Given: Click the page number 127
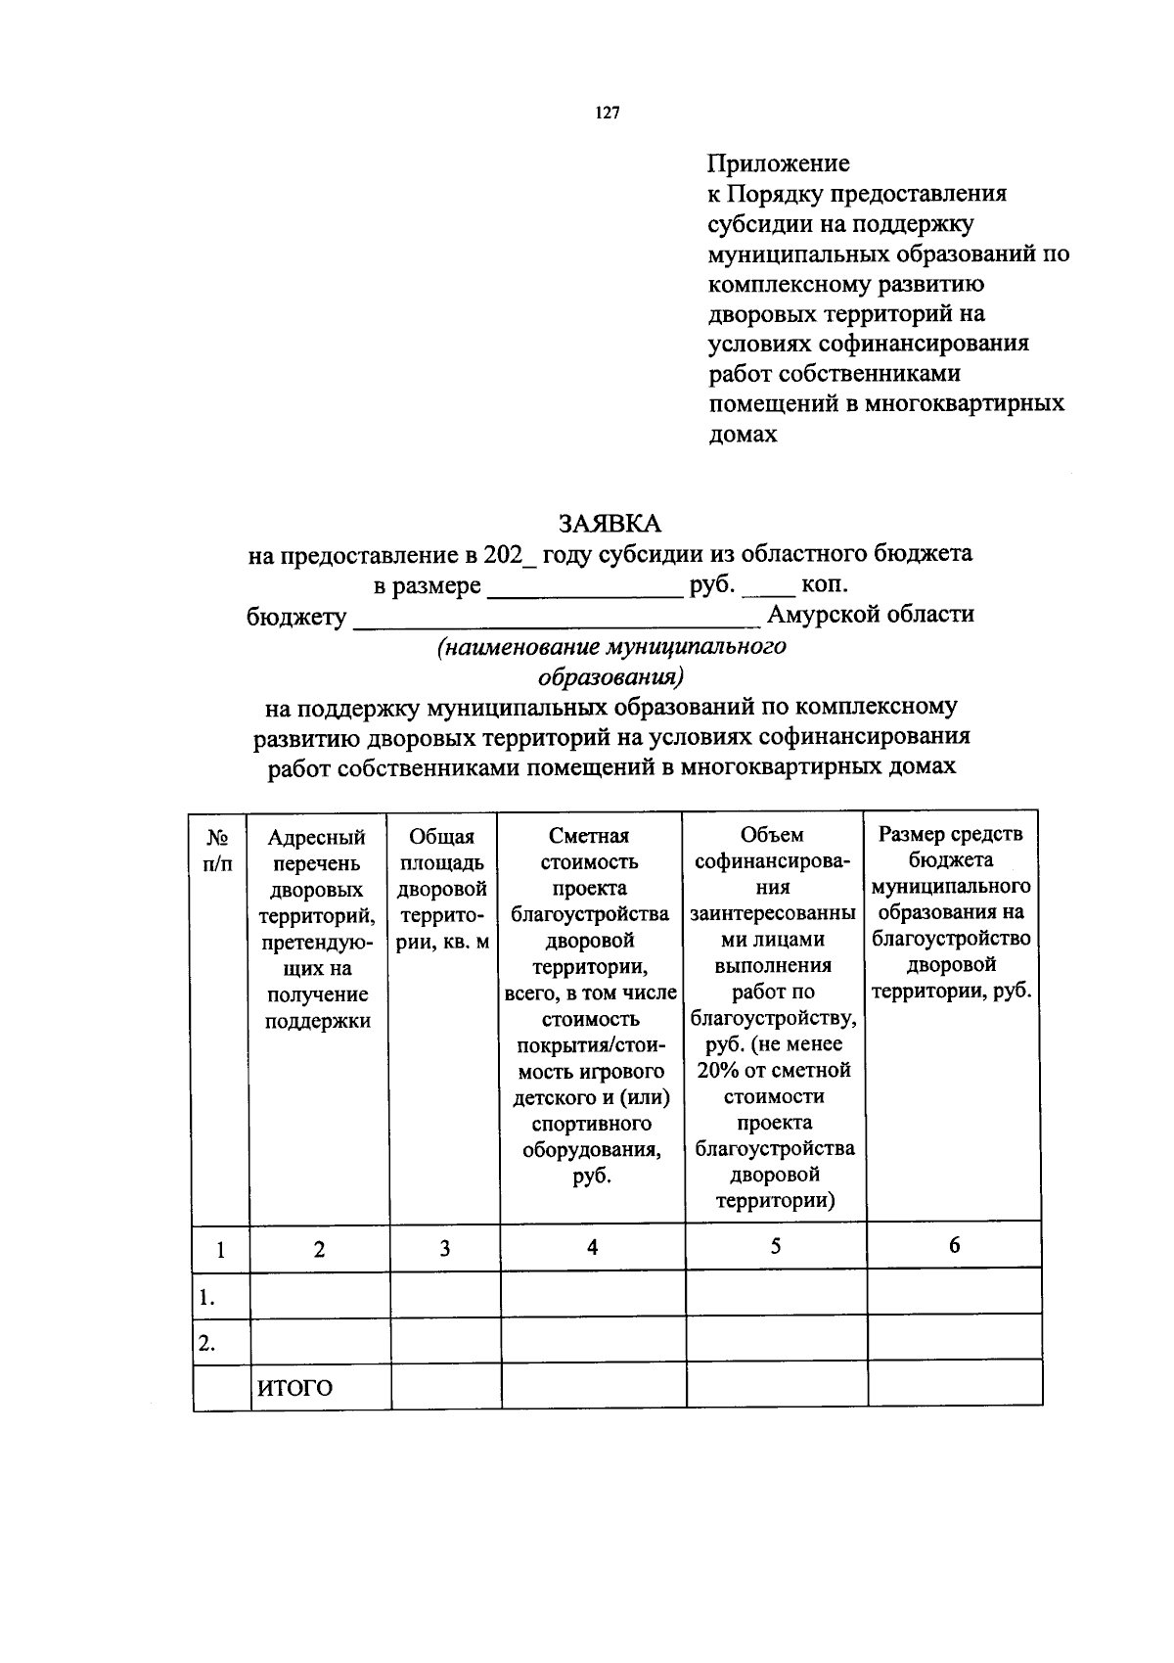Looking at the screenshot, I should point(608,114).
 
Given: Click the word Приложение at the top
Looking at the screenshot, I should point(779,163).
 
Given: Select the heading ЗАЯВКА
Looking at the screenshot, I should point(610,524).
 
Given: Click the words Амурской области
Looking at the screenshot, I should point(871,615).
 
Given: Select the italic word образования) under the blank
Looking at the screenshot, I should point(610,676).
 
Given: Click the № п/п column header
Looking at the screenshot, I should point(219,851).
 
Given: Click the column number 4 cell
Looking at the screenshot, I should point(592,1246).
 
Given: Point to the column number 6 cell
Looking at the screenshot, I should point(954,1245).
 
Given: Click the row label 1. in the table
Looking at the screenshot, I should point(206,1298).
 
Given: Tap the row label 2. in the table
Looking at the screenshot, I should point(206,1343).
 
